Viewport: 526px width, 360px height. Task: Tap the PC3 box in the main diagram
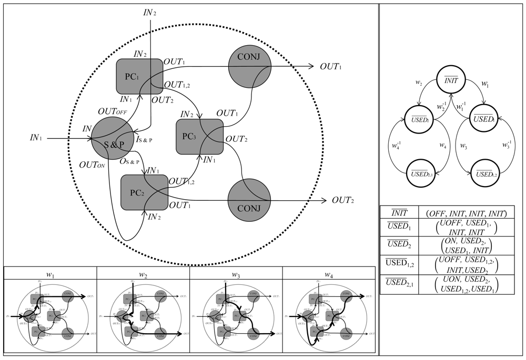tap(199, 137)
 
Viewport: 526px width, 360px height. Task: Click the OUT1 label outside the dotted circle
tap(331, 67)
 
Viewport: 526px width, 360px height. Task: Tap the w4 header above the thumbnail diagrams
tap(329, 274)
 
